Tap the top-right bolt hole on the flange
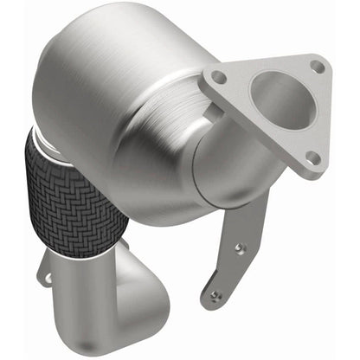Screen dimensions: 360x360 coord(318,66)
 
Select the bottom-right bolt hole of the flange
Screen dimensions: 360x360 coord(312,157)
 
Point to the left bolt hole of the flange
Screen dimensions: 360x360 coord(219,79)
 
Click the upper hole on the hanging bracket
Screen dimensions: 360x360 coord(239,248)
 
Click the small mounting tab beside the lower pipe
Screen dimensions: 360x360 coord(50,278)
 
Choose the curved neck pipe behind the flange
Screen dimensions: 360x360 coord(225,164)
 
